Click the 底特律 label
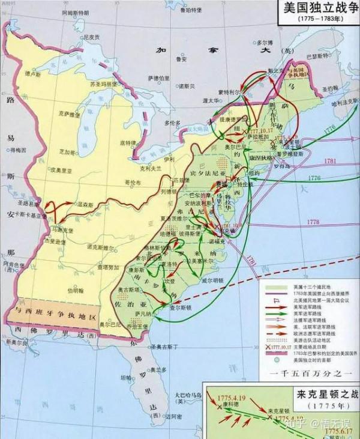[x=128, y=143]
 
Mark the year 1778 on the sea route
[x=313, y=222]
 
